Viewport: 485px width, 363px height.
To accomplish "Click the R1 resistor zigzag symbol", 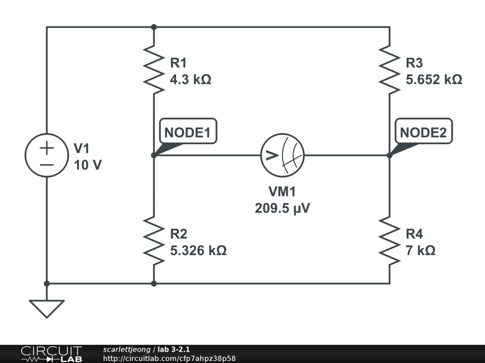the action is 154,70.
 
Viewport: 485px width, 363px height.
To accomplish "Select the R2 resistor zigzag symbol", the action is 154,241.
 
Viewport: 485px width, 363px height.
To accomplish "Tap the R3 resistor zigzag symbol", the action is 389,70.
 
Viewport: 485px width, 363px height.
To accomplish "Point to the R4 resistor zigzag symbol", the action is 389,241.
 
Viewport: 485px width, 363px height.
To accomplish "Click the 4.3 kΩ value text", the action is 190,79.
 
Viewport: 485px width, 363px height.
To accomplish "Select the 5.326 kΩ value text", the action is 198,251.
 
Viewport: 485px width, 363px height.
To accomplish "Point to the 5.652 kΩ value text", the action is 434,79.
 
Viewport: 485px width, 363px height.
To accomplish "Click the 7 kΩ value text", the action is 421,251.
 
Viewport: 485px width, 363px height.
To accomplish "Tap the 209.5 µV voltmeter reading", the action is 282,208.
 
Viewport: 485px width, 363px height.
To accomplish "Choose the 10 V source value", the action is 88,165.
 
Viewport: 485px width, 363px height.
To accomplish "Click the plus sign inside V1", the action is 47,148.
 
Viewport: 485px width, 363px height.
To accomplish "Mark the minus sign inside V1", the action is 47,165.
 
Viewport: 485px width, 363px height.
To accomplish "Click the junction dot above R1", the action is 154,27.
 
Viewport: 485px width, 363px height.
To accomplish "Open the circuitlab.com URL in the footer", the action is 169,358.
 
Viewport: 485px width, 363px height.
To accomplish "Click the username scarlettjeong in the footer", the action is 127,350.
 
